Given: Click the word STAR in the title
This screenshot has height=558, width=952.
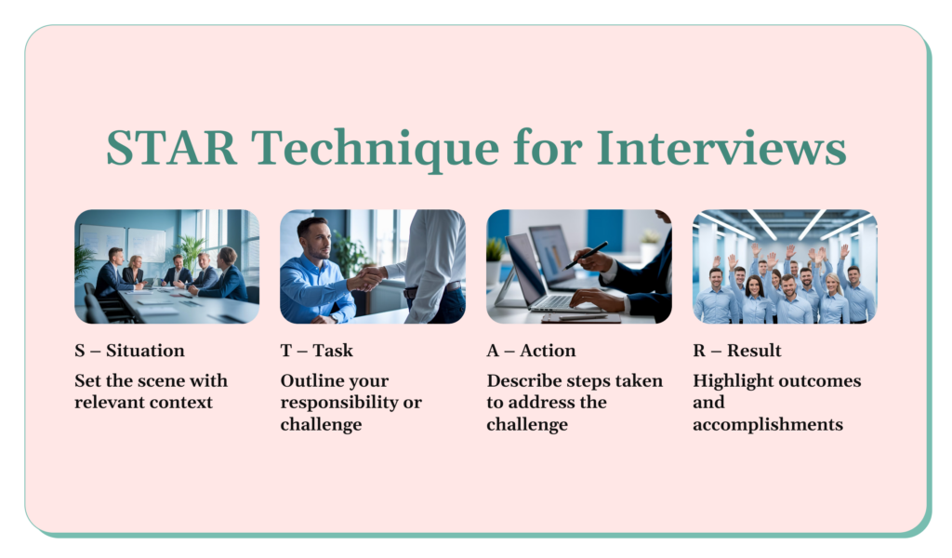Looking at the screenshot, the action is click(171, 148).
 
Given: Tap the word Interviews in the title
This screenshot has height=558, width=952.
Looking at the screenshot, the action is click(721, 148).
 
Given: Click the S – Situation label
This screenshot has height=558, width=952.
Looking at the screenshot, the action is click(129, 351).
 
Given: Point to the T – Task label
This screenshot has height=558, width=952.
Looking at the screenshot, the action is click(316, 351).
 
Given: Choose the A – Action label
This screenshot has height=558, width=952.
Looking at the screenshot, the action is click(531, 351).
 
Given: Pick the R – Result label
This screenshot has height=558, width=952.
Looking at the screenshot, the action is click(737, 351).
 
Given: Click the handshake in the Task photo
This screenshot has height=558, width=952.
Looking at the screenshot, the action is click(367, 278).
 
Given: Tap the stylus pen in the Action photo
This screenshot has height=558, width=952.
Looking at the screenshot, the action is click(586, 256).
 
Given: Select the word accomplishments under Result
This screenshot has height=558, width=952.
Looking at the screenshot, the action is click(768, 424).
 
